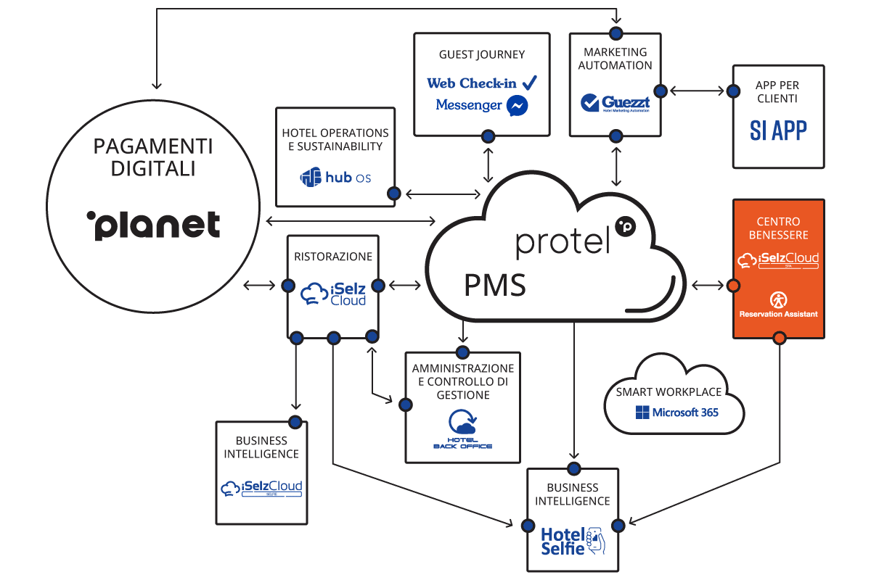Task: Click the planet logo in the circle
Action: pos(153,225)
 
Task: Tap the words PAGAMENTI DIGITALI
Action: pos(153,157)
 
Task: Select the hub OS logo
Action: pos(335,176)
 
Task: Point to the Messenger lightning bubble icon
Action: pos(517,106)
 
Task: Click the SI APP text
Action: pos(778,130)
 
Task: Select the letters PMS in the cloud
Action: pos(495,286)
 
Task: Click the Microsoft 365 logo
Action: pos(676,412)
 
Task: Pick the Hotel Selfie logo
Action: pos(573,540)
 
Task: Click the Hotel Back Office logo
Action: pos(462,429)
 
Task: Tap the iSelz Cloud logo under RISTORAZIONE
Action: pos(333,293)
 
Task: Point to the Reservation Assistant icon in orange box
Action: pos(778,299)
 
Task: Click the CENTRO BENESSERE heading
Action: pos(778,228)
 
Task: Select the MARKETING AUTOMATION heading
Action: pos(616,59)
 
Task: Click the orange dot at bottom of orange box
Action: pos(779,338)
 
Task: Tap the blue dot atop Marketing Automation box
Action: pos(616,33)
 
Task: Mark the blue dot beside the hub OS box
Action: pos(394,194)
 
